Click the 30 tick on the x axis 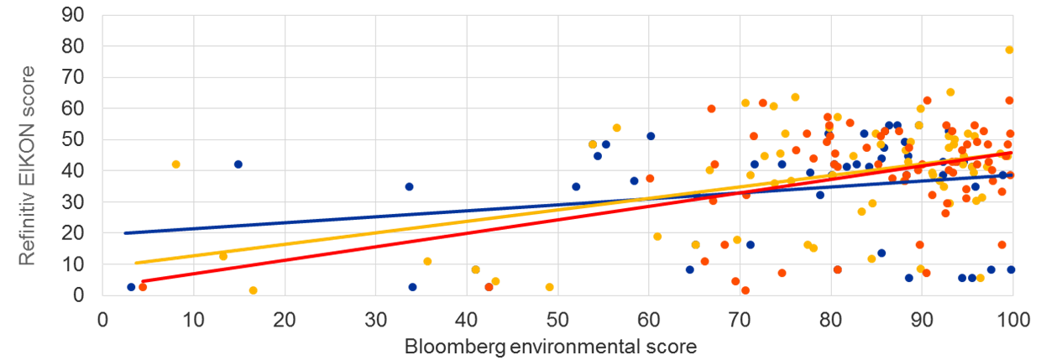[x=375, y=321]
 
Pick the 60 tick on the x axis [x=648, y=321]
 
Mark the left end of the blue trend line [x=125, y=232]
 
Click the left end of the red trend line [x=144, y=281]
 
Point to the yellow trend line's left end [x=135, y=263]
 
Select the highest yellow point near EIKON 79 [x=1009, y=50]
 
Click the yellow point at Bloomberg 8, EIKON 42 [x=175, y=164]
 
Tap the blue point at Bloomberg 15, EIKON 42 [x=238, y=164]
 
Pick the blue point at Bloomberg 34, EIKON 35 [x=409, y=186]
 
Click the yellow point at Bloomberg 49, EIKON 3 [x=549, y=287]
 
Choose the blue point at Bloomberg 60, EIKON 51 [x=651, y=136]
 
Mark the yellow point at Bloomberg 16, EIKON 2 [x=253, y=290]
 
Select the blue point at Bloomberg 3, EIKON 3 [x=131, y=287]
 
